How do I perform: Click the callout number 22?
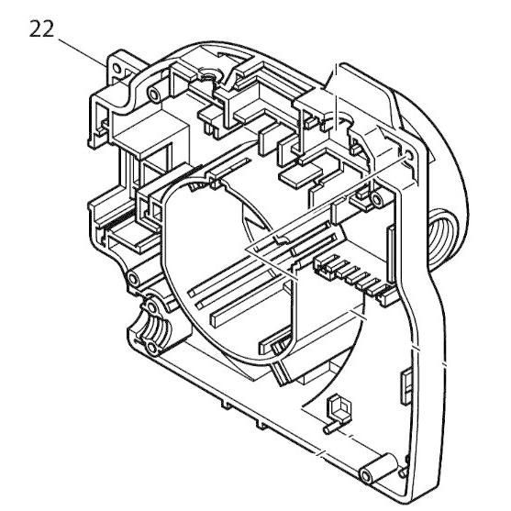click(x=41, y=29)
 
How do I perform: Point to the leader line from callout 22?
click(x=83, y=52)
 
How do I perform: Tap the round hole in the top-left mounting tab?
click(x=117, y=69)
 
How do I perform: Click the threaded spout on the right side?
click(x=442, y=237)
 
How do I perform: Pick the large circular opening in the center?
click(x=228, y=271)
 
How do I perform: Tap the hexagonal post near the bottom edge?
click(x=339, y=408)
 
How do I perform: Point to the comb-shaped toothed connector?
click(x=350, y=272)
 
